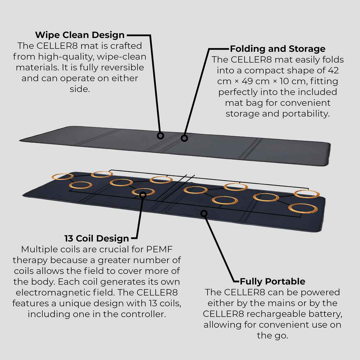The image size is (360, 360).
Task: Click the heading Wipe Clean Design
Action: (80, 35)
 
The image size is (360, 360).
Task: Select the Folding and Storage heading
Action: (277, 49)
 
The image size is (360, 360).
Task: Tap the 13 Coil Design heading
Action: (97, 238)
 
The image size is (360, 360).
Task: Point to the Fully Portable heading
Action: (272, 281)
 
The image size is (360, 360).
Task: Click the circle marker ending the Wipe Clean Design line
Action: (160, 135)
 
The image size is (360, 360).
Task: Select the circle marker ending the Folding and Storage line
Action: (184, 138)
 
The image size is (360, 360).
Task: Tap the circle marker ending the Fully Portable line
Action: (203, 213)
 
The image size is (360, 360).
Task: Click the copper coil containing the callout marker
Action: (143, 192)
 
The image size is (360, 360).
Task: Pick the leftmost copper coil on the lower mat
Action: (63, 176)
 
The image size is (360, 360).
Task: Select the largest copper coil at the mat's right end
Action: (302, 208)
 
